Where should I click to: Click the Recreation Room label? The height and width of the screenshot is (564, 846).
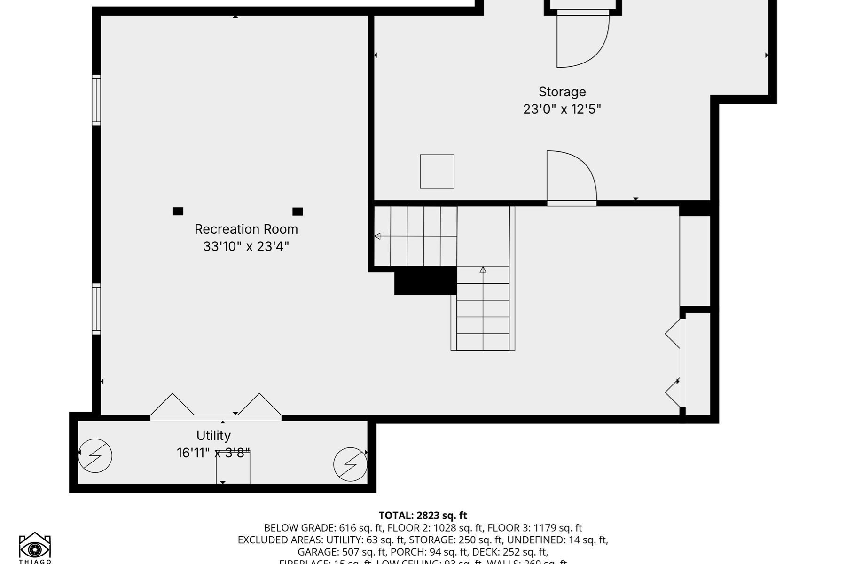(246, 229)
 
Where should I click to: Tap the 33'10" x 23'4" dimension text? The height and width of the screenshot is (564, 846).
(246, 246)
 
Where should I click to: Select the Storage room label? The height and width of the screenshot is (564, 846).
(562, 92)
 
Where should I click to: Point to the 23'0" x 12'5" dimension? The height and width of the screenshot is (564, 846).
(562, 109)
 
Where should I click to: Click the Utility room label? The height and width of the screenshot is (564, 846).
(213, 435)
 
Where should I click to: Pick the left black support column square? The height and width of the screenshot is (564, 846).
(178, 211)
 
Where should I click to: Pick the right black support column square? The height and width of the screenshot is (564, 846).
(298, 211)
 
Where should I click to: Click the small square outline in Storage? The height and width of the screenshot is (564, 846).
(437, 172)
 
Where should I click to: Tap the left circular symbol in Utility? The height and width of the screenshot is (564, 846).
(95, 455)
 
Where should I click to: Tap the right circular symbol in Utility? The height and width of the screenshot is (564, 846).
(350, 464)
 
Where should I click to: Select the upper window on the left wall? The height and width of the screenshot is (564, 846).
(96, 100)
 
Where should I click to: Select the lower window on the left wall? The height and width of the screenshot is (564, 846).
(96, 309)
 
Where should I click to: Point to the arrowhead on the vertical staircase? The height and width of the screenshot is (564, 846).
(483, 270)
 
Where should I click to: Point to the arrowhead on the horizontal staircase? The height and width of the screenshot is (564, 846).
(377, 236)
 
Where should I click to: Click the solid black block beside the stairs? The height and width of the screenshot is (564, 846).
(425, 281)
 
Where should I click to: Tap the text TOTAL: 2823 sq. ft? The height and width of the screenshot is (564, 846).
(423, 516)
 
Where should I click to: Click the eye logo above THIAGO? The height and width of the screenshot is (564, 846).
(35, 546)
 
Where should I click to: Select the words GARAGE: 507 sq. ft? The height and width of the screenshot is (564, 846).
(337, 552)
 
